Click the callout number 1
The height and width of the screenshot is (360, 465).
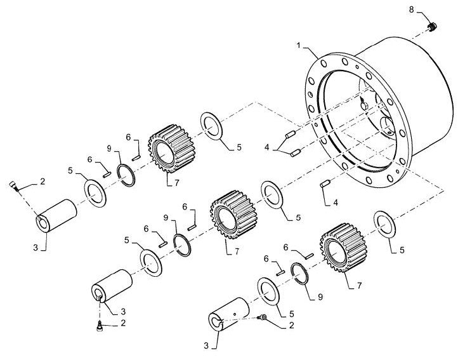click(x=299, y=45)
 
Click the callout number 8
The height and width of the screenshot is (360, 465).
click(x=411, y=10)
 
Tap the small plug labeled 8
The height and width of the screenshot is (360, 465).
click(x=433, y=27)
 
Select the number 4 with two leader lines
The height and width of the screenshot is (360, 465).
click(x=267, y=147)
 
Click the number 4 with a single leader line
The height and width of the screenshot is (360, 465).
click(x=336, y=203)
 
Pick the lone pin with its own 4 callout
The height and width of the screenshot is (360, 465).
click(x=325, y=183)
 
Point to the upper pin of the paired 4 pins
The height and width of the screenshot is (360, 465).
click(x=290, y=134)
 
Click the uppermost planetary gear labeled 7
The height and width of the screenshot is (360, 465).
click(x=171, y=148)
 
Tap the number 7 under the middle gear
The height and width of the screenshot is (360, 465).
click(x=237, y=251)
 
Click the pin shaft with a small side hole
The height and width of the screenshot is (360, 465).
click(x=229, y=314)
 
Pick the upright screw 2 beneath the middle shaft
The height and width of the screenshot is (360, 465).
click(x=100, y=326)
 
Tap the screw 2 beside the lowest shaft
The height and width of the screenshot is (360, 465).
click(x=263, y=317)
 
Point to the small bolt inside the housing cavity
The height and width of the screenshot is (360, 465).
click(x=363, y=104)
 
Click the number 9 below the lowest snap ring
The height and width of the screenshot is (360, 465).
click(x=320, y=297)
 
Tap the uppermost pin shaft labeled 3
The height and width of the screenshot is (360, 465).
click(x=56, y=215)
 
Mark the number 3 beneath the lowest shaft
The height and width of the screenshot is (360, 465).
click(x=206, y=346)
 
